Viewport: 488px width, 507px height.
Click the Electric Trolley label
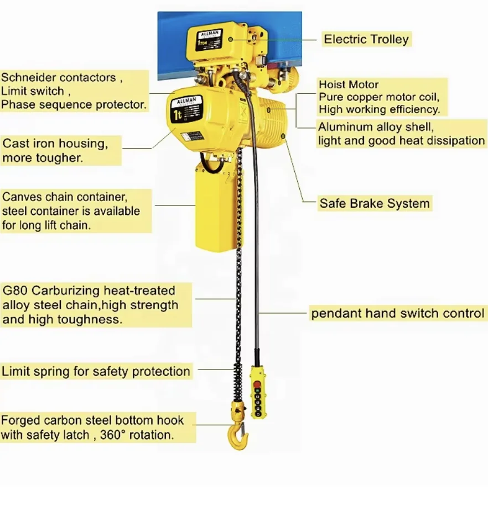pyautogui.click(x=366, y=39)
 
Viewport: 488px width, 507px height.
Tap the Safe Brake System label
pyautogui.click(x=374, y=203)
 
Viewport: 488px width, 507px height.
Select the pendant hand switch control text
pyautogui.click(x=397, y=314)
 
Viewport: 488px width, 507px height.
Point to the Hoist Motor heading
pyautogui.click(x=348, y=84)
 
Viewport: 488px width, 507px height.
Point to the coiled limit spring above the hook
pyautogui.click(x=238, y=381)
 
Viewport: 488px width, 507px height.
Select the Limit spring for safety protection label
pyautogui.click(x=96, y=371)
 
